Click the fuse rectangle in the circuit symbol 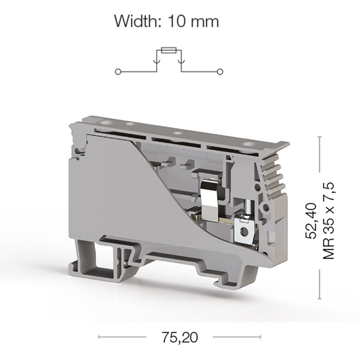click(x=169, y=50)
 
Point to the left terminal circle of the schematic click(x=118, y=72)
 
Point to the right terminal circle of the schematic click(x=220, y=72)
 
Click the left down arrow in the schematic click(x=157, y=61)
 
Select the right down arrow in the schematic click(x=182, y=61)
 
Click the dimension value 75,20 click(x=179, y=337)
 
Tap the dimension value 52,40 click(x=311, y=221)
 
